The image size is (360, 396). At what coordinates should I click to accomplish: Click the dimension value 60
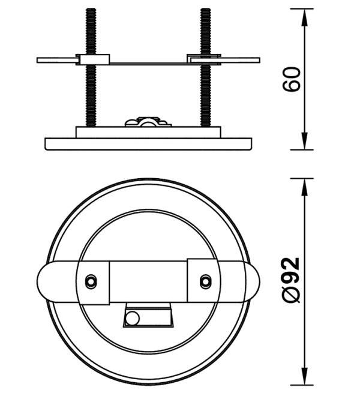coord(292,79)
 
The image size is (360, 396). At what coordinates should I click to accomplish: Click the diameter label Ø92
coord(292,280)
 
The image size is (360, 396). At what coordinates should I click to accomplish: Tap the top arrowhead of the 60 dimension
coord(305,17)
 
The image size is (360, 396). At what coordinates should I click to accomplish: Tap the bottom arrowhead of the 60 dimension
coord(305,142)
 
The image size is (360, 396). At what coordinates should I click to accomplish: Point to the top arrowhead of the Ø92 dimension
coord(305,187)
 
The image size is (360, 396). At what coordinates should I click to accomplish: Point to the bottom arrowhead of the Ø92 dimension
coord(305,377)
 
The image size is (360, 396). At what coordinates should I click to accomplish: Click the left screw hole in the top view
coord(91,281)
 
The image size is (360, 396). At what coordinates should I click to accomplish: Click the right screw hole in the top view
coord(206,281)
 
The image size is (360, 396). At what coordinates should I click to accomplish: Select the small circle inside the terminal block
coord(133,318)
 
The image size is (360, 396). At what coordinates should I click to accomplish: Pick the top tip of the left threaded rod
coord(91,9)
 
